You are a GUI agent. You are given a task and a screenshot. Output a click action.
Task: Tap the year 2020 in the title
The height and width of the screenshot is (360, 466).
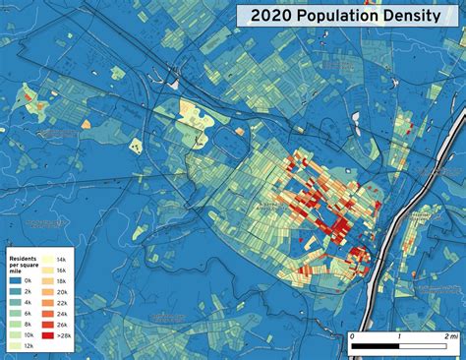[x=271, y=16]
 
